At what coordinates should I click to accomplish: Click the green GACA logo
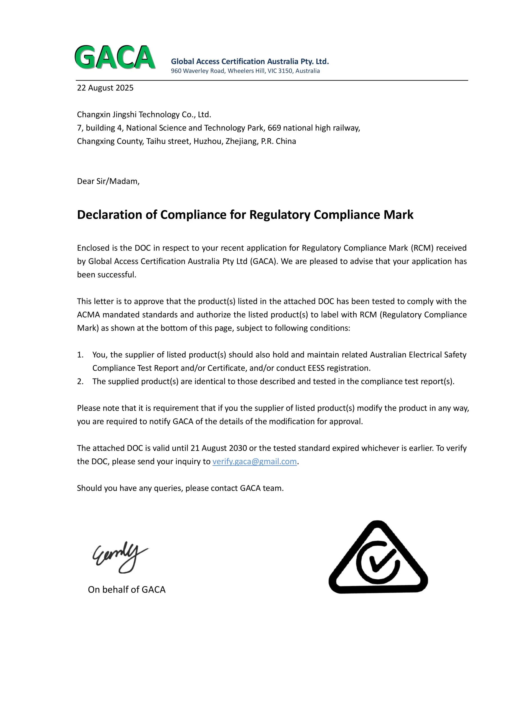click(115, 57)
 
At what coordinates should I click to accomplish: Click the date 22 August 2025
click(105, 88)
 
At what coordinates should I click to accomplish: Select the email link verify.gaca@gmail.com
click(254, 461)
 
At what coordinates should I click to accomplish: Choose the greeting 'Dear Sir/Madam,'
click(108, 181)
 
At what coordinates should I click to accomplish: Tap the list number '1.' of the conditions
click(80, 355)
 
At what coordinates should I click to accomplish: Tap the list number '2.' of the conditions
click(80, 381)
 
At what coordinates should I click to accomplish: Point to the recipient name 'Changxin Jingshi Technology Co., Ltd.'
click(144, 114)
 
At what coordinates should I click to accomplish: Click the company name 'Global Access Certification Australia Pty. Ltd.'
click(250, 62)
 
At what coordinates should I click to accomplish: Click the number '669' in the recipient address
click(274, 128)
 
